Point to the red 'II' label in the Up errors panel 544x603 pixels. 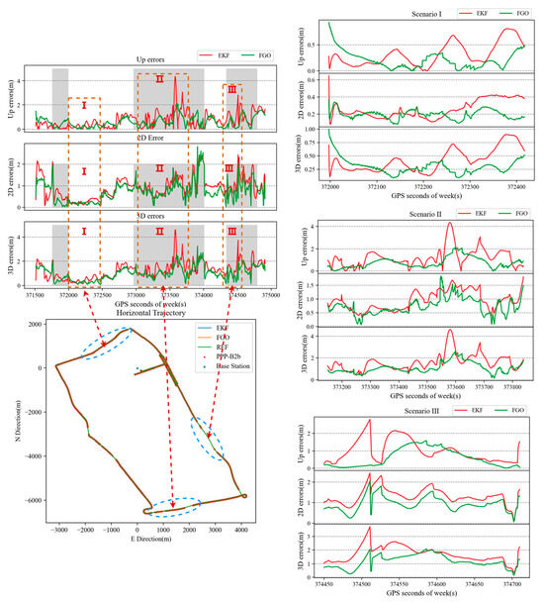[x=159, y=79]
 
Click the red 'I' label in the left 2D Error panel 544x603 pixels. [x=84, y=170]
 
